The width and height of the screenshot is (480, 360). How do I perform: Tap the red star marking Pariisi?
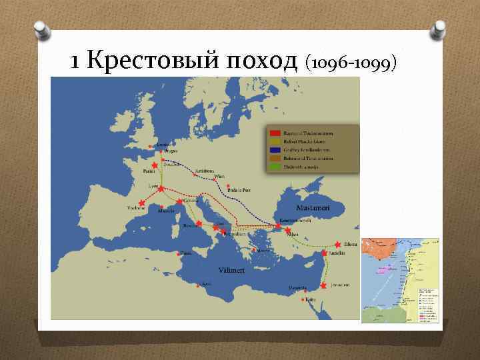pyautogui.click(x=155, y=165)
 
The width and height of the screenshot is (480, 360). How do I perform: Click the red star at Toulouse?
pyautogui.click(x=141, y=203)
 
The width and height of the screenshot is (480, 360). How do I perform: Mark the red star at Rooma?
pyautogui.click(x=199, y=223)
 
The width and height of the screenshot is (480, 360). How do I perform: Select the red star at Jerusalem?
pyautogui.click(x=323, y=285)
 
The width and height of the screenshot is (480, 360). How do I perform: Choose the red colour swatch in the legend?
pyautogui.click(x=273, y=133)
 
